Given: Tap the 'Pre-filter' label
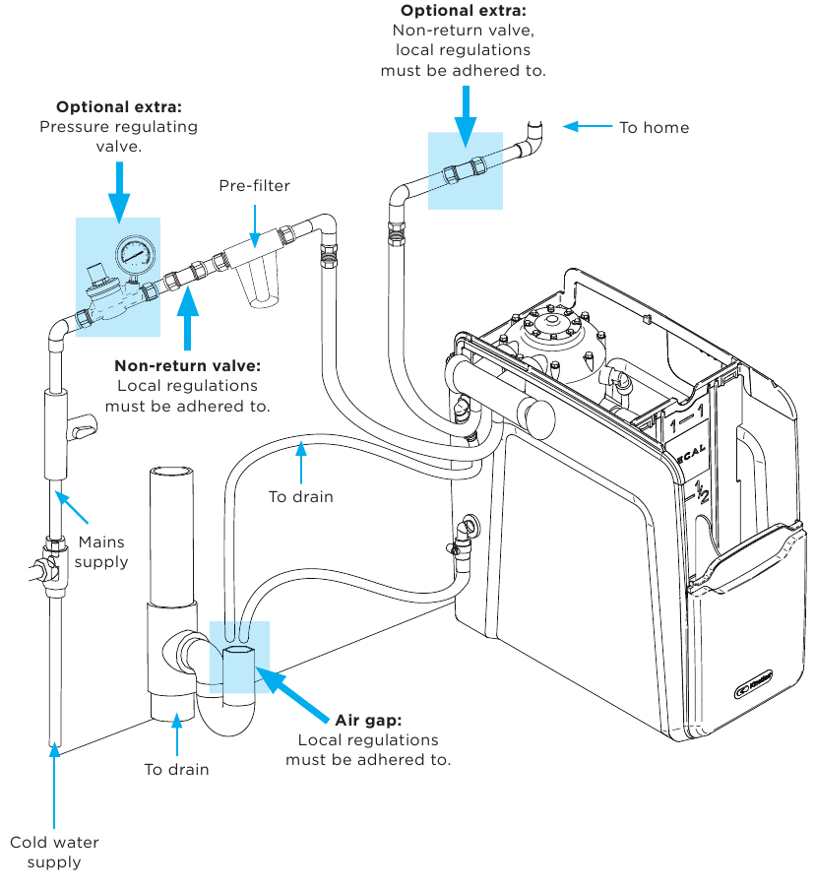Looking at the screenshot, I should (254, 185).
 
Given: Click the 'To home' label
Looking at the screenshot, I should (654, 127).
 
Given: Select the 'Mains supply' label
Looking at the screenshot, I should (102, 552).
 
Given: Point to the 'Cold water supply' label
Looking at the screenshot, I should (54, 852).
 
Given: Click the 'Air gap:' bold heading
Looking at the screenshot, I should (368, 720).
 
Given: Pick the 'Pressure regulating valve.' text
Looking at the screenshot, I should (118, 136).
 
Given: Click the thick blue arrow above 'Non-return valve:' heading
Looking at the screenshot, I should (187, 313).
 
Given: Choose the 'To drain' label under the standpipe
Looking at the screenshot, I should (177, 769).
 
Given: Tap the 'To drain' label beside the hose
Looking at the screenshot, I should (301, 496).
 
